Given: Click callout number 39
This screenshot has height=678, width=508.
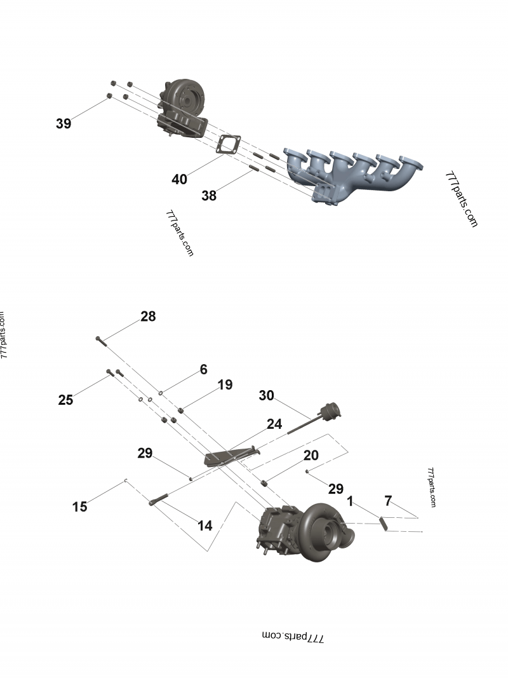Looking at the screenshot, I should click(63, 123).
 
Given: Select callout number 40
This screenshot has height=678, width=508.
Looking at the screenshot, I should click(180, 179).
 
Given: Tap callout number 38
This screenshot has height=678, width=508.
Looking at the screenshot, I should click(209, 196).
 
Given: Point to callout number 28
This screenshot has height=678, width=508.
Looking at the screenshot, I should click(148, 316).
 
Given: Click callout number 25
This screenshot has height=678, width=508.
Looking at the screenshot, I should click(65, 400).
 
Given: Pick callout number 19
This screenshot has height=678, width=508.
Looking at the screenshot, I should click(225, 384).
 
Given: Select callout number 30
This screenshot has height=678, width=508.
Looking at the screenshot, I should click(266, 395).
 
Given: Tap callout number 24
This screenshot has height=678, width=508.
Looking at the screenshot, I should click(274, 424).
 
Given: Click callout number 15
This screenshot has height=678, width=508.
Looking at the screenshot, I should click(79, 506).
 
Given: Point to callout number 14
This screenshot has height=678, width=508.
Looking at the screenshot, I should click(204, 525).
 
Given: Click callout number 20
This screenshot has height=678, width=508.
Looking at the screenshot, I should click(311, 456).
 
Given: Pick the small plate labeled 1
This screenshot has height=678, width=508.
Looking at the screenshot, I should click(383, 523).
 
